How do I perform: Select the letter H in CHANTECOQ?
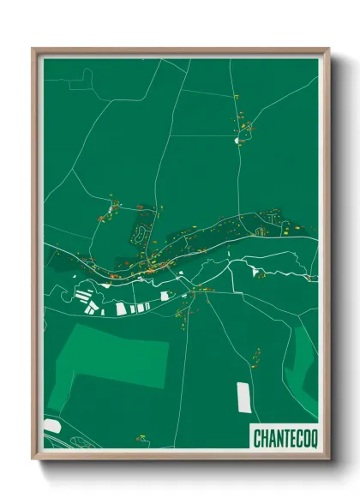262,437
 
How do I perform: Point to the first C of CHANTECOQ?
256,437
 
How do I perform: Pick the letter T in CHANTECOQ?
282,437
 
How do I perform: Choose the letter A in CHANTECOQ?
269,437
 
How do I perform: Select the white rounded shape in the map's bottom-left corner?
51,426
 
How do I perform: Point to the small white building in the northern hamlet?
237,140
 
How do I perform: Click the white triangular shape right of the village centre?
256,272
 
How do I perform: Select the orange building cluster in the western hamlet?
112,208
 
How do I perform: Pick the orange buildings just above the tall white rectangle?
255,353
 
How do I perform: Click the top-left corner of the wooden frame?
33,49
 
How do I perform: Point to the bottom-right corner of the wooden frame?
329,460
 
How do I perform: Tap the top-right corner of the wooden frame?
329,49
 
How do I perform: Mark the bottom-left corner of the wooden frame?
33,460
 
